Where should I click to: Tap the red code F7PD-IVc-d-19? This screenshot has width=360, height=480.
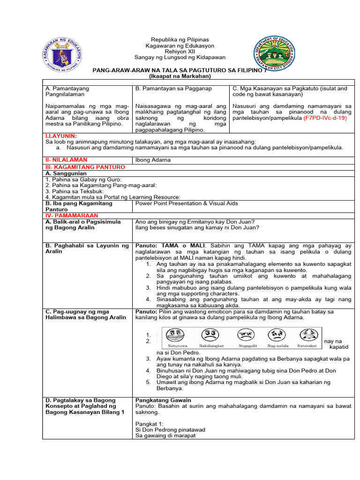point(325,119)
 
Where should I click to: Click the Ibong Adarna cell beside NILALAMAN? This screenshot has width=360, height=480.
point(153,160)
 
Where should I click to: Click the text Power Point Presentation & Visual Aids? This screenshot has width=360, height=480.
point(187,203)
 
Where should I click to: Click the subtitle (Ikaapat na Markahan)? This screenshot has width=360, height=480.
point(180,76)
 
